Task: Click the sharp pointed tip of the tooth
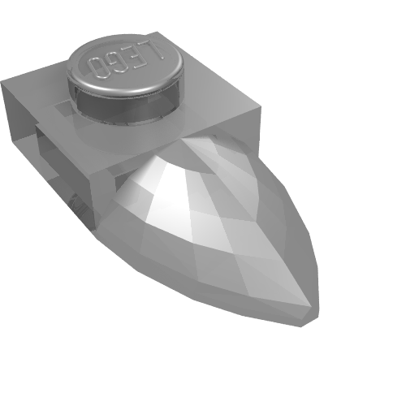tap(311, 307)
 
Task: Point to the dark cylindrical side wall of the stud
tap(127, 108)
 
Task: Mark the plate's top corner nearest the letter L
tap(158, 32)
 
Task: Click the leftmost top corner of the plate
tap(2, 81)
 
